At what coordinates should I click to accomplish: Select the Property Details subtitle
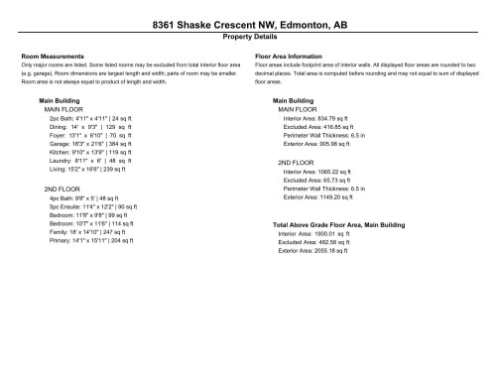[x=248, y=36]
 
